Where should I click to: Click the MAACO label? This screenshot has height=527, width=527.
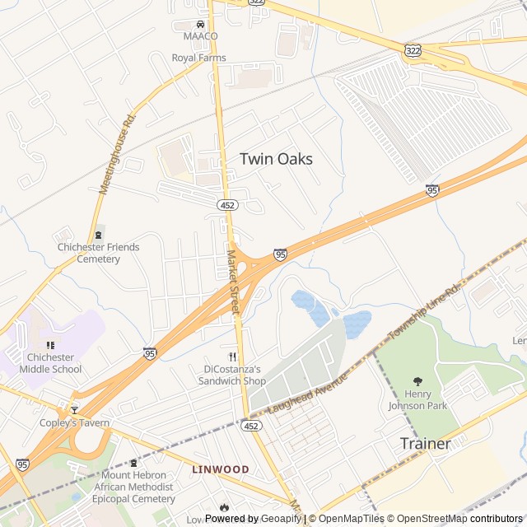coord(201,37)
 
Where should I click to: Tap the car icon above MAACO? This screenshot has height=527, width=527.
coord(201,24)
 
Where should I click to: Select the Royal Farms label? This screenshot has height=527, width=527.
coord(198,58)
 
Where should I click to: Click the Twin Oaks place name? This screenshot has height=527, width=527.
coord(276,159)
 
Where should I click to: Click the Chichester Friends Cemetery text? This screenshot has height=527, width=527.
coord(98,253)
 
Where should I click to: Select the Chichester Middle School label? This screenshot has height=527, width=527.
coord(50,363)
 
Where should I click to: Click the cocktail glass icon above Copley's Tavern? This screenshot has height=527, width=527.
coord(74,409)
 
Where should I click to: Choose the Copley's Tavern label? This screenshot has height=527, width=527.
coord(74,423)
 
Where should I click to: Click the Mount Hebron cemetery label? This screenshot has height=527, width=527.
coord(138,487)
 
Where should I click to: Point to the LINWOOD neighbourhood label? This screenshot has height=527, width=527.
coord(221,469)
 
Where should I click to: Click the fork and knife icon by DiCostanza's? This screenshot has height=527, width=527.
coord(233,357)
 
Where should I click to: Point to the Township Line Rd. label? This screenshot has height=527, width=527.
coord(424,313)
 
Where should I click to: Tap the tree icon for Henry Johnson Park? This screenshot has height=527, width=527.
coord(417,381)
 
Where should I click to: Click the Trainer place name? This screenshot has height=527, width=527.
coord(426,444)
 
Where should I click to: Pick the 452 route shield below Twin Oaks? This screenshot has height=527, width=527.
coord(228,204)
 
